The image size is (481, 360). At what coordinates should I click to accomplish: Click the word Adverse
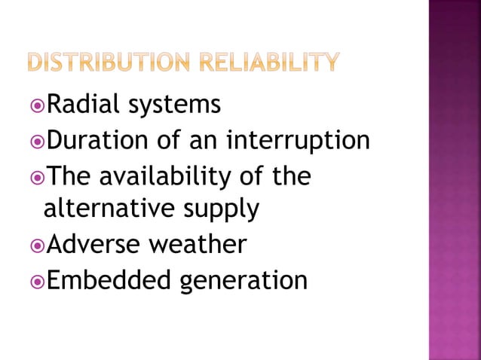(x=92, y=244)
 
